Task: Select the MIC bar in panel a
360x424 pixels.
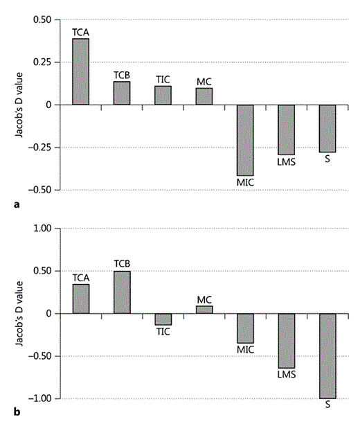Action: [245, 140]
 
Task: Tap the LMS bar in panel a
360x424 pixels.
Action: [286, 130]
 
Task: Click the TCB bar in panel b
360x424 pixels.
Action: [122, 292]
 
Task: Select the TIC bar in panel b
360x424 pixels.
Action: [163, 319]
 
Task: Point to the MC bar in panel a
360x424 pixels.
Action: [204, 96]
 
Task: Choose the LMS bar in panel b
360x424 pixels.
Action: [286, 340]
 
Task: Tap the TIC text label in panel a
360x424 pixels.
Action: [163, 79]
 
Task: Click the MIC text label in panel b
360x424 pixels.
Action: [245, 349]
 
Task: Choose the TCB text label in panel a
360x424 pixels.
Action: [122, 75]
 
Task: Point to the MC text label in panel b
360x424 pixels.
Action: [204, 299]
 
